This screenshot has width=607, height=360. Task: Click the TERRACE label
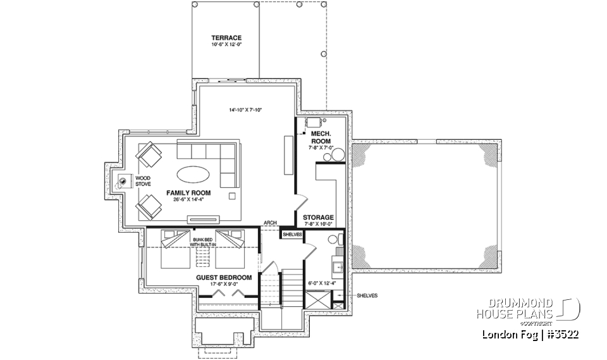pos(226,38)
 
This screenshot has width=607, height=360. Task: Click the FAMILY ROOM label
pos(188,192)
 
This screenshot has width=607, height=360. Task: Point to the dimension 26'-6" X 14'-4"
pos(188,199)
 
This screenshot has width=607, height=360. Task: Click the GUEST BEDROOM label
pos(223,277)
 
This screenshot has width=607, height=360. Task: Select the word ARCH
pos(270,223)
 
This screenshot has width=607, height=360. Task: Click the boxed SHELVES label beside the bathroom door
pos(291,235)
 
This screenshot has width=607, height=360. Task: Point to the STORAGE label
pos(318,217)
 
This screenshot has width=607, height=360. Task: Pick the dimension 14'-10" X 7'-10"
pos(245,110)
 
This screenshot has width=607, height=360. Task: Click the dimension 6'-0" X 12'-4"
pos(322,283)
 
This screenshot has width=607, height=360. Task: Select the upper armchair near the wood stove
pos(150,154)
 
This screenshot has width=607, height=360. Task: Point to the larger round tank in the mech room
pos(338,154)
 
